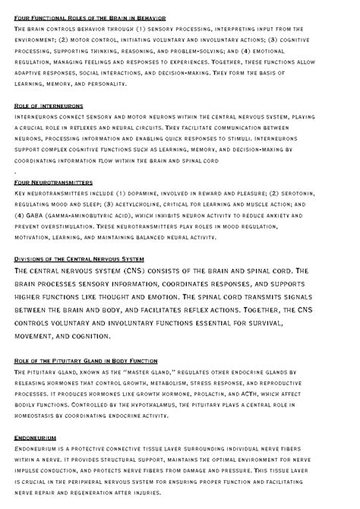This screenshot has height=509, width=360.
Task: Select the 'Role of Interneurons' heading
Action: tap(49, 106)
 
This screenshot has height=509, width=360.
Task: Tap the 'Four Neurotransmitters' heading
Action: tap(53, 183)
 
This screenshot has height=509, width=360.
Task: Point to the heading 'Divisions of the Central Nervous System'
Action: tap(79, 259)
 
